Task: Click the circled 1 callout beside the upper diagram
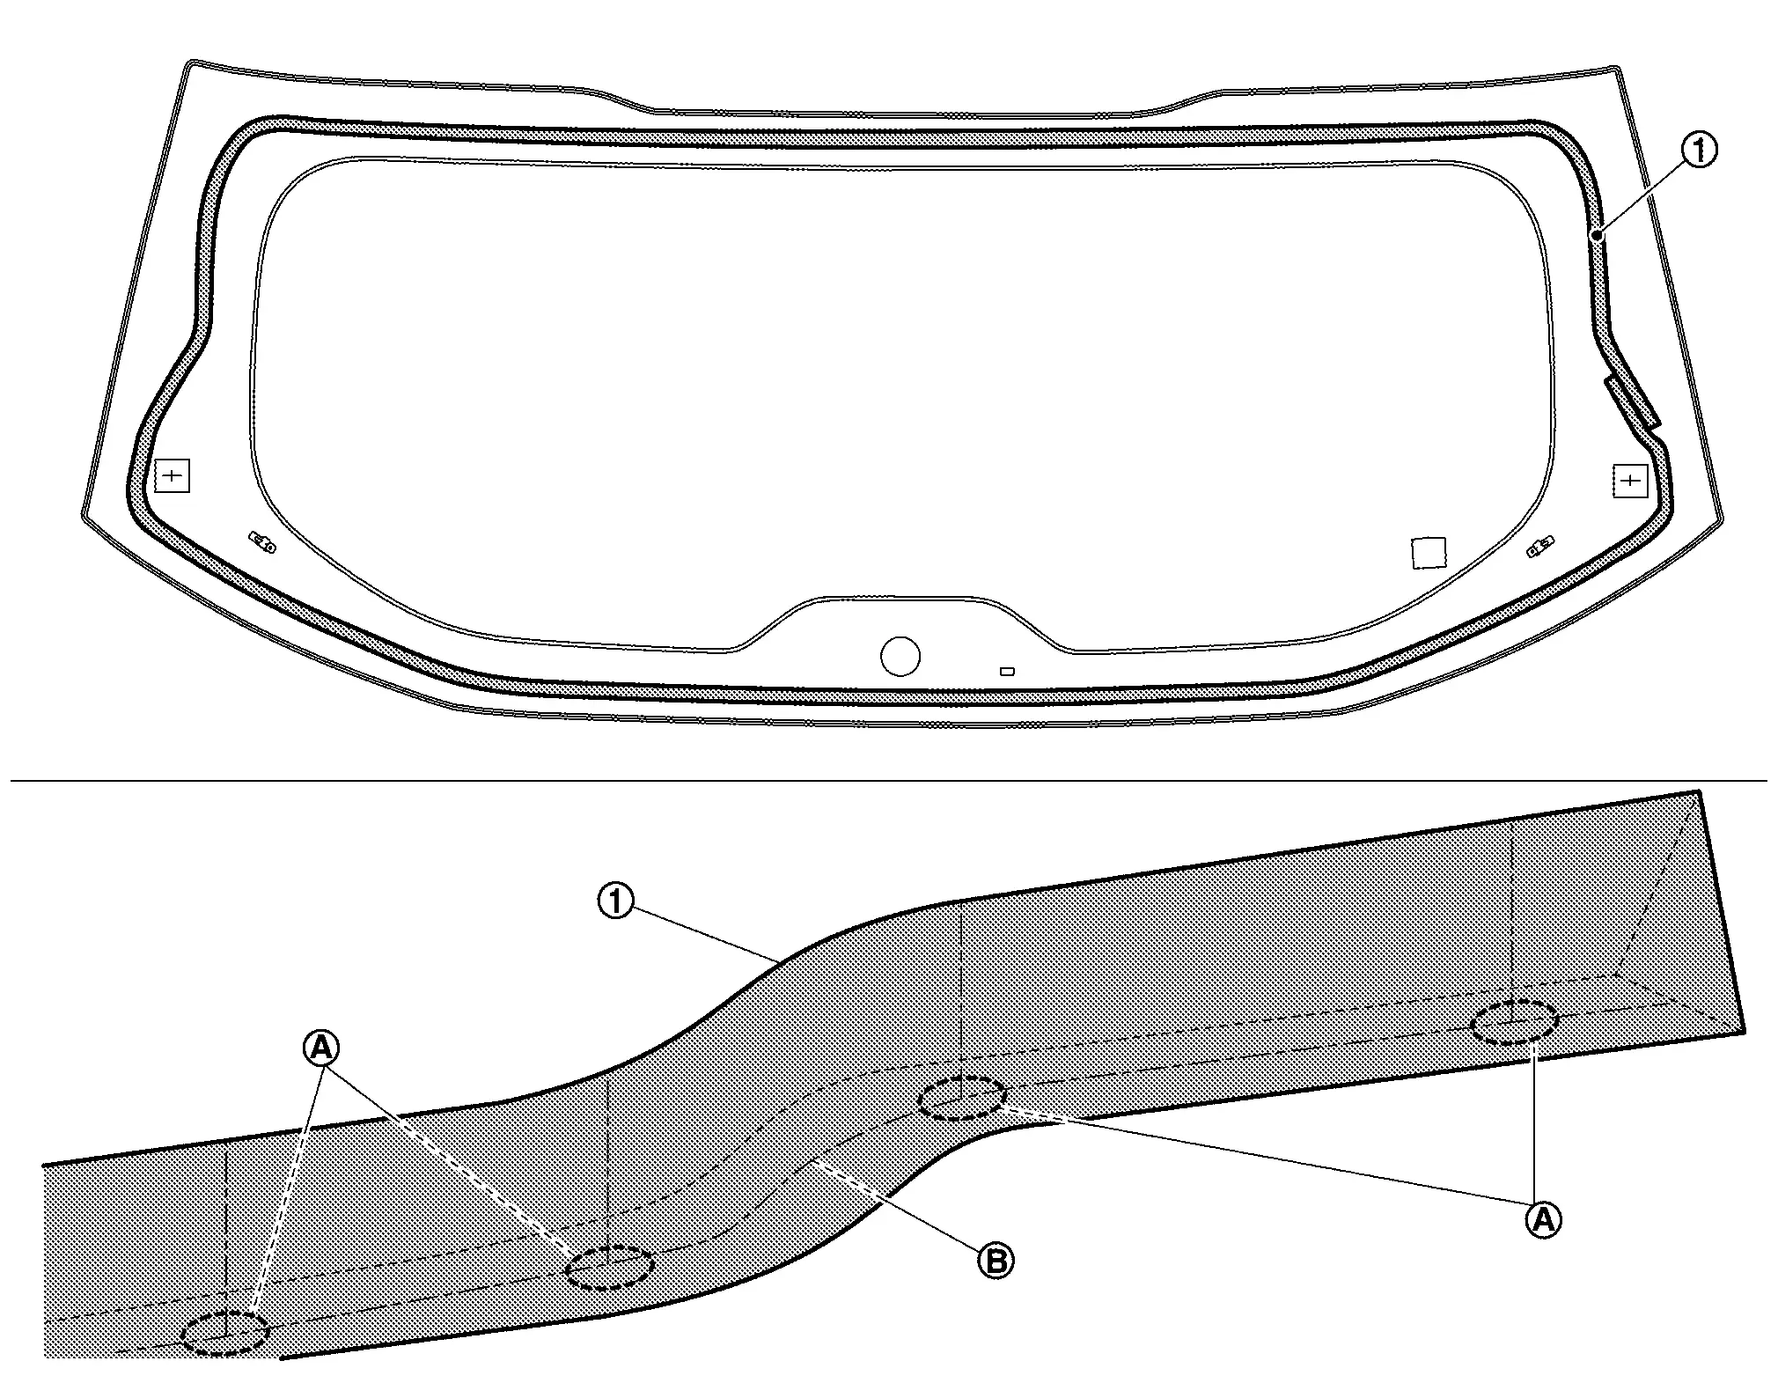pos(1700,151)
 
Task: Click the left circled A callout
pos(321,1047)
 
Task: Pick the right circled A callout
pos(1542,1219)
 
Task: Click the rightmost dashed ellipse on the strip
pos(1514,1023)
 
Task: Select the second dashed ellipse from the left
pos(607,1268)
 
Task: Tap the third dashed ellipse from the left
pos(961,1098)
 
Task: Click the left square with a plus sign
pos(173,476)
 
